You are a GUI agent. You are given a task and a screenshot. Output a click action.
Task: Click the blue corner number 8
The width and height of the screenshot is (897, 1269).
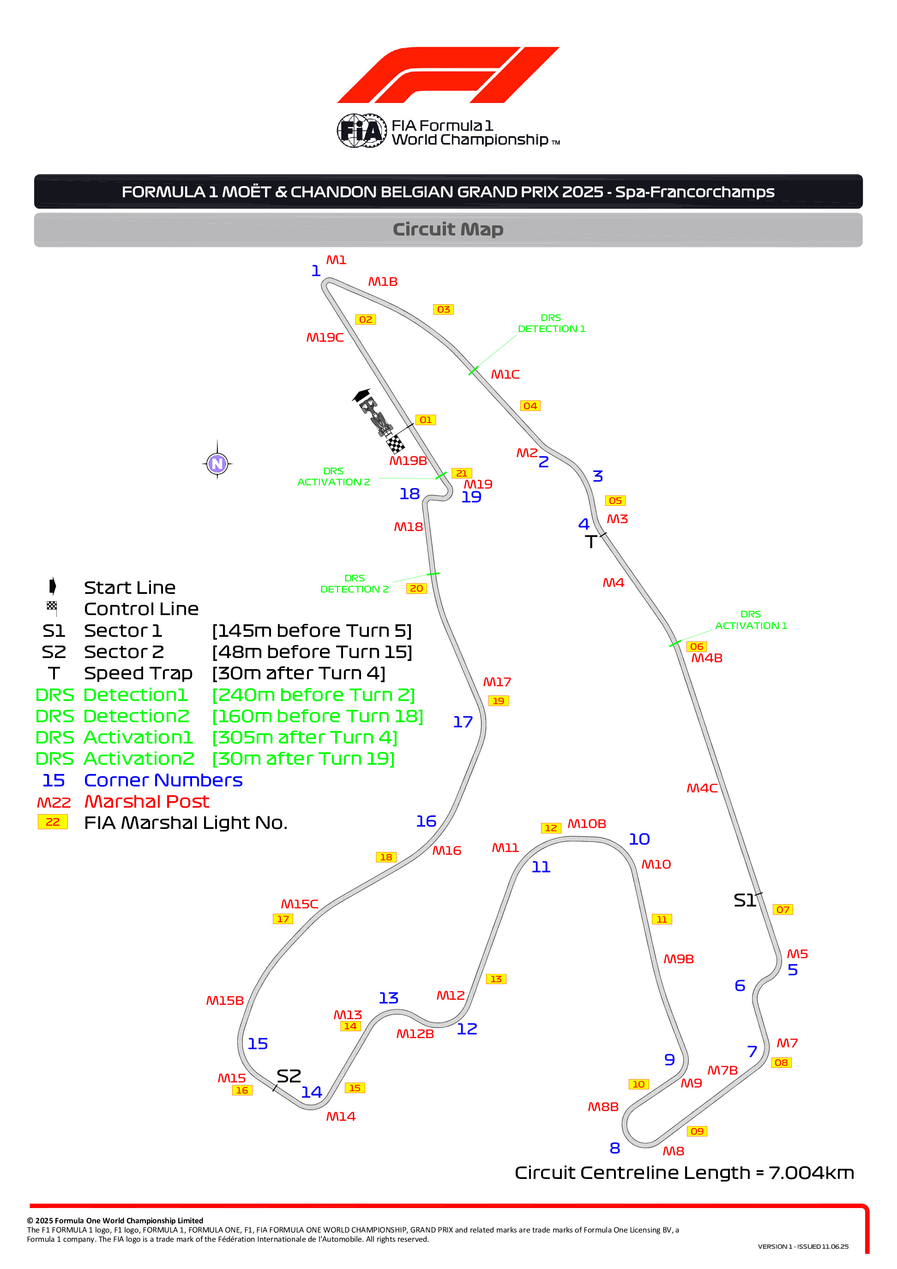(614, 1148)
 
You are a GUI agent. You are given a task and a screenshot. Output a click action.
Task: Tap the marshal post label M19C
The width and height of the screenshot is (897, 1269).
(325, 337)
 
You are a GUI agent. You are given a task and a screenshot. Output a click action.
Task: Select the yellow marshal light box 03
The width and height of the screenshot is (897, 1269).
(443, 309)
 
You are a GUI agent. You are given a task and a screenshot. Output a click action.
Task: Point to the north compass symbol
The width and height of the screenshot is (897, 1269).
(217, 463)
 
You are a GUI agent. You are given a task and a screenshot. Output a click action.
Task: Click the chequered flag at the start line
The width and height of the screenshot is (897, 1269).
(395, 444)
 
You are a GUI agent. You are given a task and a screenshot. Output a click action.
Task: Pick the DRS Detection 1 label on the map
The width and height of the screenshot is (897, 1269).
(552, 323)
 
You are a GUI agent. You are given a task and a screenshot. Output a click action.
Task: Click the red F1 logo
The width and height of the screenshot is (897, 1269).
(448, 75)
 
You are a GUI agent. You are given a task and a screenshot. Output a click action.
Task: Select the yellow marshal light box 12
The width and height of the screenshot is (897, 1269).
(551, 828)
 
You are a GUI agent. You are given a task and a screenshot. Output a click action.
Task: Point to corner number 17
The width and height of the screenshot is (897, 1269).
(463, 722)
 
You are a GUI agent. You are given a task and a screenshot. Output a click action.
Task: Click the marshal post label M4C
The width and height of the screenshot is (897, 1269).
(702, 788)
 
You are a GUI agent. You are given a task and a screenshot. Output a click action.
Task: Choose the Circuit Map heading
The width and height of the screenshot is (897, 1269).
(448, 230)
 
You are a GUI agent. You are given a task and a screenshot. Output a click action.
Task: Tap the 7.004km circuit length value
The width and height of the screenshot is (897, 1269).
(811, 1172)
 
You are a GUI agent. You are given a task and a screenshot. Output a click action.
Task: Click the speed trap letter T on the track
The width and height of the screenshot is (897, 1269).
(591, 542)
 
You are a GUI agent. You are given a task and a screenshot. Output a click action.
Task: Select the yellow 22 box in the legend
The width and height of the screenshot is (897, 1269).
(53, 822)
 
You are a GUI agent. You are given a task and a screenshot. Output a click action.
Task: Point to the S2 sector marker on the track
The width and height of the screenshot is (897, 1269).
(289, 1076)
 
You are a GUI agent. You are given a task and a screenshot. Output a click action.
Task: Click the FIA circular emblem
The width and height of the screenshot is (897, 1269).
(362, 131)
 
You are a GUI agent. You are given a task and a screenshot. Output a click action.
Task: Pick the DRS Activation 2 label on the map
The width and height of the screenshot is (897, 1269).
(334, 477)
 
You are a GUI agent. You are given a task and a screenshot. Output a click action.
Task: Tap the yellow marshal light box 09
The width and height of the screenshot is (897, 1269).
(697, 1131)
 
